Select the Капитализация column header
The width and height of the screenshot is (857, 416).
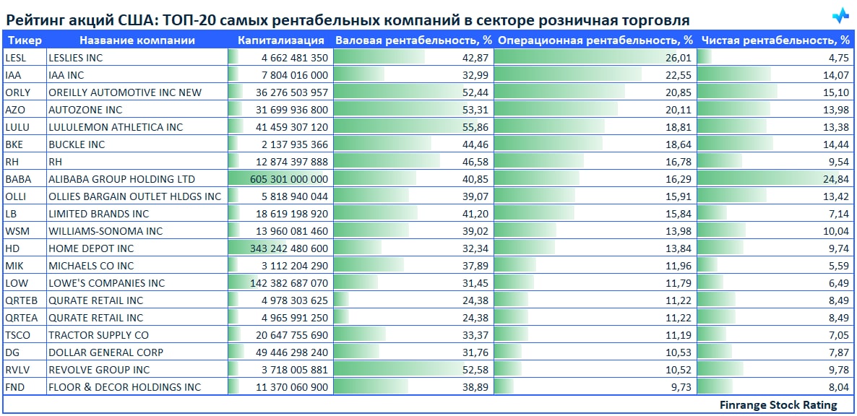pos(281,40)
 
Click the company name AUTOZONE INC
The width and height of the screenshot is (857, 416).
pos(85,110)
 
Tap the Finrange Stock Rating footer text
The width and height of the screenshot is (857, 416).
pos(778,405)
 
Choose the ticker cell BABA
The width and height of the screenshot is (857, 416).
pos(17,179)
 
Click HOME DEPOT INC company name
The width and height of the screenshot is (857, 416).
pos(91,248)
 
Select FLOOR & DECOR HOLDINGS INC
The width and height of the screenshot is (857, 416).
pos(124,387)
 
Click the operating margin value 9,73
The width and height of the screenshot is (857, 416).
pos(682,387)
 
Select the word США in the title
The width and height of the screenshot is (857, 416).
pos(147,19)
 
